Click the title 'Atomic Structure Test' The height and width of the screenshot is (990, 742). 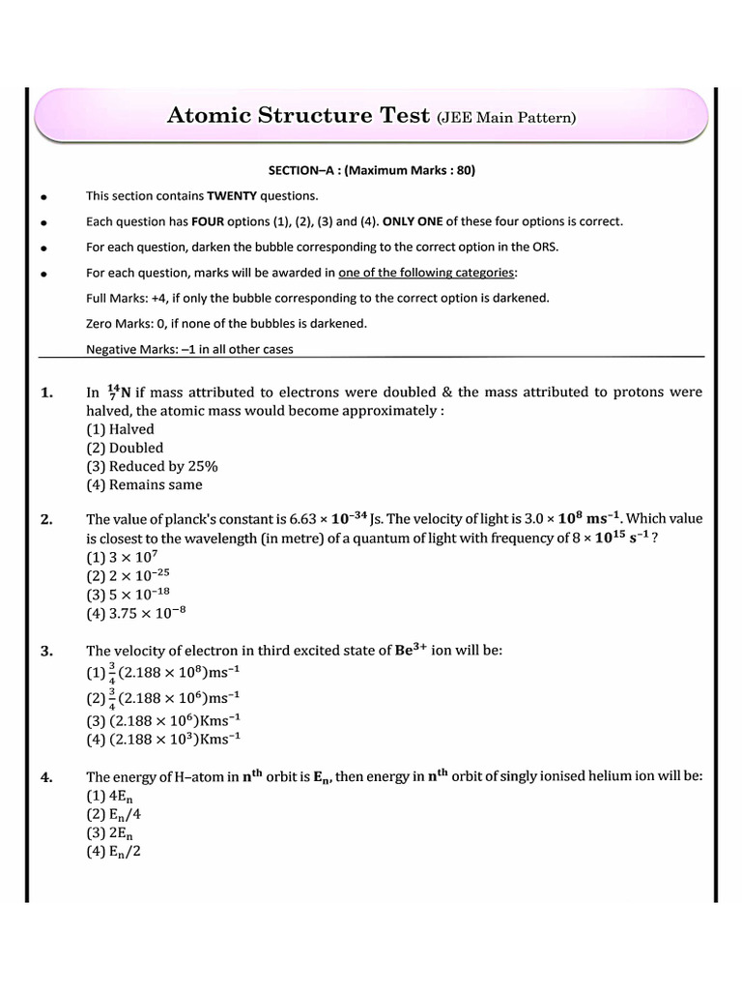tap(299, 116)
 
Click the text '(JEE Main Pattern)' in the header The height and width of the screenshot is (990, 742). tap(506, 118)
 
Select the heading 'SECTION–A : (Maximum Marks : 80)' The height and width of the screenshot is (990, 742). tap(371, 171)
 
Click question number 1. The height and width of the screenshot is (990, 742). tap(47, 393)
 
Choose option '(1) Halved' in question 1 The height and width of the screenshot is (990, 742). tap(120, 429)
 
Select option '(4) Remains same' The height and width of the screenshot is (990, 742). tap(144, 484)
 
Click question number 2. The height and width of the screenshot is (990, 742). tap(47, 520)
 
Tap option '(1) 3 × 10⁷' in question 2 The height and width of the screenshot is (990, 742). tap(122, 557)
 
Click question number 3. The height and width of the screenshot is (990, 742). tap(47, 651)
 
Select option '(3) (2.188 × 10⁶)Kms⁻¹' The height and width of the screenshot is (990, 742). tap(163, 719)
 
